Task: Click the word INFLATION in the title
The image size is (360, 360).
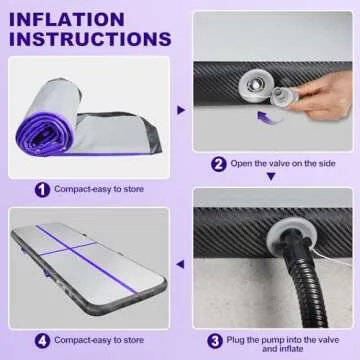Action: pos(68,18)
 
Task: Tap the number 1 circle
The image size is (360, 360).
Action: pos(41,187)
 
